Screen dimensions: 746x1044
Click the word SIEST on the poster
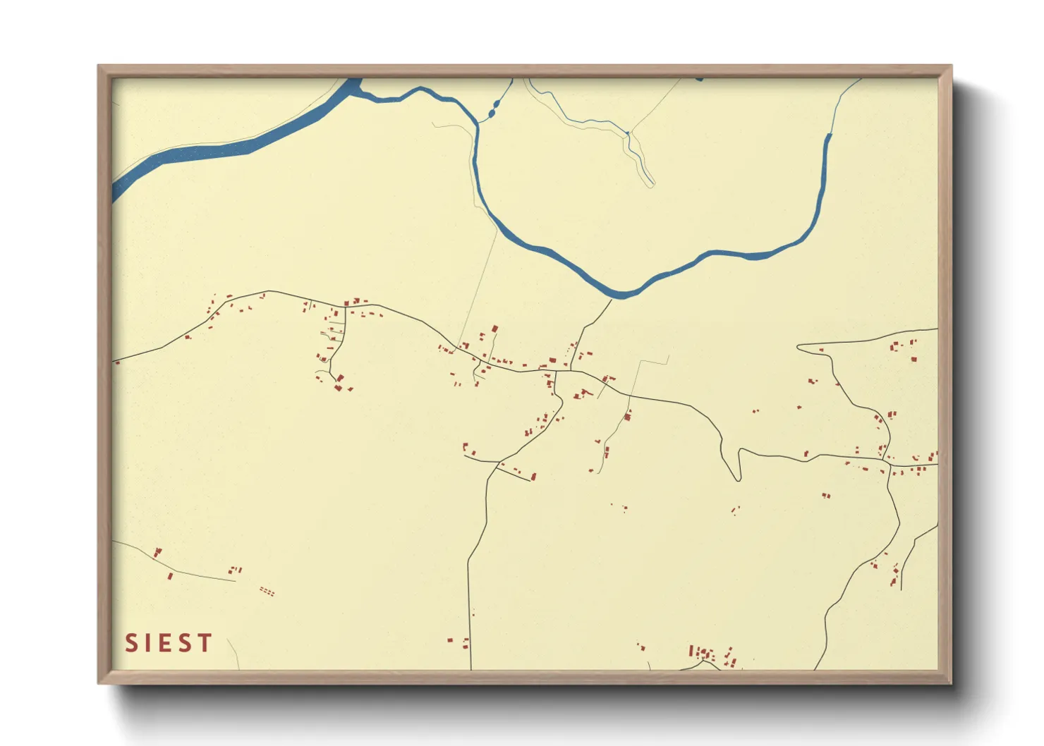pos(169,643)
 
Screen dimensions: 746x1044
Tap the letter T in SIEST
pos(205,643)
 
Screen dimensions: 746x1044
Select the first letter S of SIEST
pos(131,643)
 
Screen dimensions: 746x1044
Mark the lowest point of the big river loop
pos(621,295)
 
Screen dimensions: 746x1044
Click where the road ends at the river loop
pos(612,300)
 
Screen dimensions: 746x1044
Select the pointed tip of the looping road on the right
pos(799,347)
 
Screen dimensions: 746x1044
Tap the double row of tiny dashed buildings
pos(267,592)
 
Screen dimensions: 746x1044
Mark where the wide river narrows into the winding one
pos(360,90)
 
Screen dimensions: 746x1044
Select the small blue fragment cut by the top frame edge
pos(699,79)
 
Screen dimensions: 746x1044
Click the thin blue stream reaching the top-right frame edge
pos(846,92)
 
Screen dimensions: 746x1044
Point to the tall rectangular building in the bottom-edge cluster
pos(692,652)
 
